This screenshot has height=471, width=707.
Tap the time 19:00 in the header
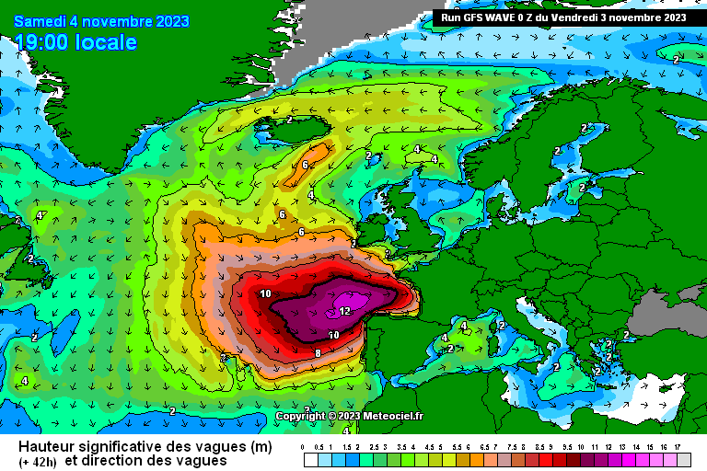click(x=43, y=42)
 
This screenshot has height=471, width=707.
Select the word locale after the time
click(x=108, y=42)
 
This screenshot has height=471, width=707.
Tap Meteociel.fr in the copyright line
click(x=393, y=416)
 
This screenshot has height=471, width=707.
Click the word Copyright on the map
click(x=301, y=416)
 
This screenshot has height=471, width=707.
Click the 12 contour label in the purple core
click(x=344, y=311)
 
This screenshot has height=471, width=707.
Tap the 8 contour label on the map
click(x=318, y=352)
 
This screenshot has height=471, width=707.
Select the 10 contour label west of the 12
click(x=265, y=293)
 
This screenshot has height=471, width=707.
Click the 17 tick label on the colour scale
click(x=677, y=447)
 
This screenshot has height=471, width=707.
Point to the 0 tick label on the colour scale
click(x=303, y=447)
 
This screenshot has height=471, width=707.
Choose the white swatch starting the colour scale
click(x=310, y=459)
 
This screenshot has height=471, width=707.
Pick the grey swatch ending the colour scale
click(x=683, y=459)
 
